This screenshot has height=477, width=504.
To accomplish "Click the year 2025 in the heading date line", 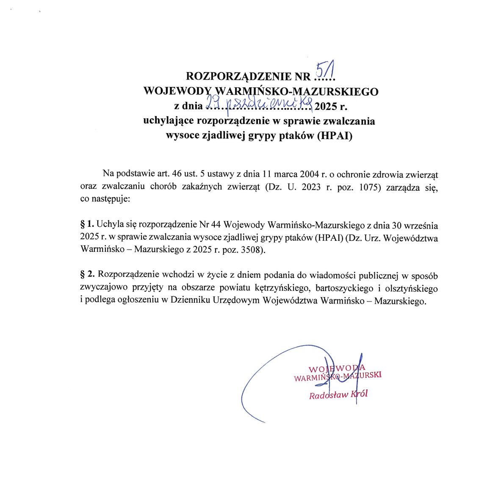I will tap(326, 106).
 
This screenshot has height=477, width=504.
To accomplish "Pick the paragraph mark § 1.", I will tap(87, 224).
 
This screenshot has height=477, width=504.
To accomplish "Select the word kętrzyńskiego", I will tap(282, 288).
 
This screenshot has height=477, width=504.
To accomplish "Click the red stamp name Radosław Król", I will tap(338, 395).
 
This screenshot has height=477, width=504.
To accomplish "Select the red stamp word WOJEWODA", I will tap(337, 368).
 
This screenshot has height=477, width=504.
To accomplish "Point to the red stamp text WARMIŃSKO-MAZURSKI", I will tap(338, 377).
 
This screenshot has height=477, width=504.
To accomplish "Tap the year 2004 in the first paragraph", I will tap(309, 174).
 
